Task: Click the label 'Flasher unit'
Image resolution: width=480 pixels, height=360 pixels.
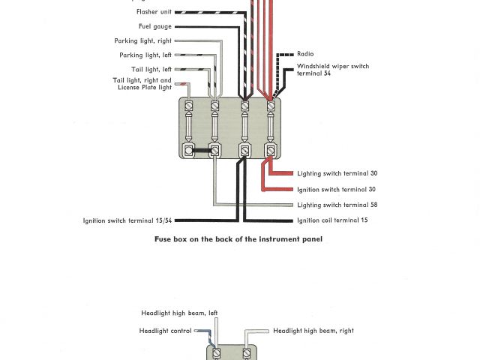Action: pyautogui.click(x=154, y=12)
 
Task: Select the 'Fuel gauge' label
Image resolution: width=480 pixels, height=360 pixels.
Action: pyautogui.click(x=154, y=26)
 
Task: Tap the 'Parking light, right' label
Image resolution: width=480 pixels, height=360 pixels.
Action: pyautogui.click(x=142, y=40)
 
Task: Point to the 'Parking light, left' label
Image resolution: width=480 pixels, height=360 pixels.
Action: pyautogui.click(x=145, y=55)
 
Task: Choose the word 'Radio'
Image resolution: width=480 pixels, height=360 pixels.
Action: pyautogui.click(x=305, y=54)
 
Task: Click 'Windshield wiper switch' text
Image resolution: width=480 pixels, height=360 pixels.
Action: pyautogui.click(x=333, y=66)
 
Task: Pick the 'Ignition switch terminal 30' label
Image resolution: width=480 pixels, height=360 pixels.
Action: pyautogui.click(x=336, y=189)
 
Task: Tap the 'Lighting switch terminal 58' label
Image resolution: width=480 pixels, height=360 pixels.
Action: pyautogui.click(x=336, y=205)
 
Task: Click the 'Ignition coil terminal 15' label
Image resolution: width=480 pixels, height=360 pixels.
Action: pyautogui.click(x=332, y=220)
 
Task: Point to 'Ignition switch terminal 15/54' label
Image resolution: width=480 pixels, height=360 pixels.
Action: pyautogui.click(x=129, y=220)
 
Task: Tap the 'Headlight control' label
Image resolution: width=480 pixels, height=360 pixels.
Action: pyautogui.click(x=165, y=330)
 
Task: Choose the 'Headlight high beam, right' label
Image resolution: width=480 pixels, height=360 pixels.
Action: pyautogui.click(x=313, y=330)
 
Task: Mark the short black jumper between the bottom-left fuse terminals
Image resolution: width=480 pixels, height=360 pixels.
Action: pyautogui.click(x=202, y=151)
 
